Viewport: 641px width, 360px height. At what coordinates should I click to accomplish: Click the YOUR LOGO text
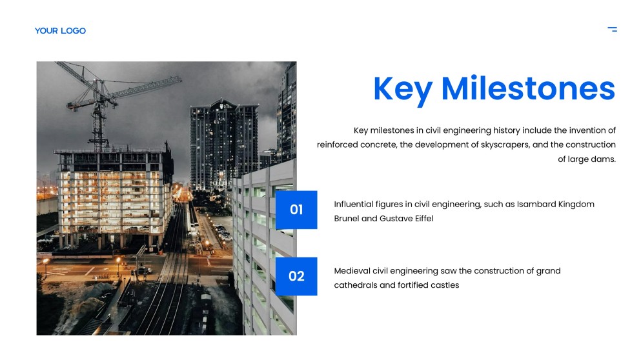click(60, 30)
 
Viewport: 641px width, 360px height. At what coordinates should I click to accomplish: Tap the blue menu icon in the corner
click(612, 29)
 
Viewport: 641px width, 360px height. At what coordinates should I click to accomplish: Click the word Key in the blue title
click(403, 89)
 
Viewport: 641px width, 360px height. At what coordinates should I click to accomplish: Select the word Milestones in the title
click(527, 89)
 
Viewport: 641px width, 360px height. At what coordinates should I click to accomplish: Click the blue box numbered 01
click(296, 210)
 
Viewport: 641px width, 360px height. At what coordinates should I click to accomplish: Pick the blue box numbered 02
click(296, 276)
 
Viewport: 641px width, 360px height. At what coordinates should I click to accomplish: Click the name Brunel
click(346, 219)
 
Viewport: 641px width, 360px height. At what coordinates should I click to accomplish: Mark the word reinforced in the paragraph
click(338, 145)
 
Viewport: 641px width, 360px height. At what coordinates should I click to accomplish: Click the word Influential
click(356, 204)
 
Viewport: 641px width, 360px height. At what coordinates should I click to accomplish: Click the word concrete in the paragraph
click(378, 145)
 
